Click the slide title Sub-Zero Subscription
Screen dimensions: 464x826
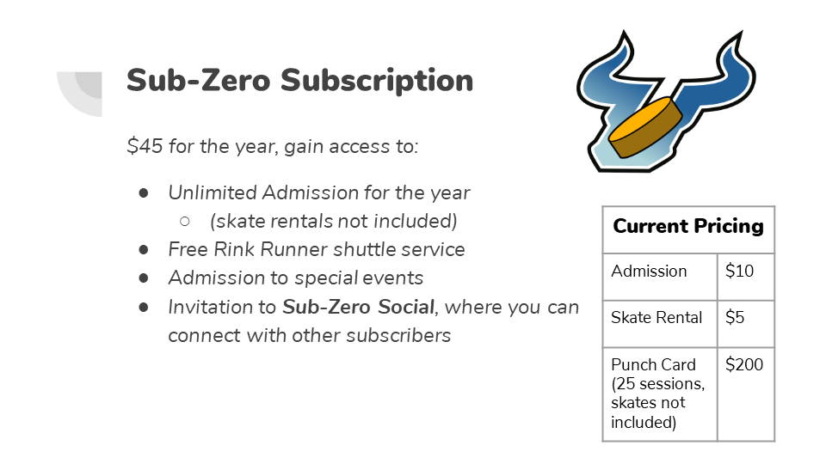click(x=299, y=81)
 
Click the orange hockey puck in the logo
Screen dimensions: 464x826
click(x=645, y=127)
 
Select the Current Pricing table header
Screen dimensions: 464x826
click(x=688, y=227)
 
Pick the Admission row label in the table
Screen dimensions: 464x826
click(x=649, y=272)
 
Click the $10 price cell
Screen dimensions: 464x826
click(x=739, y=272)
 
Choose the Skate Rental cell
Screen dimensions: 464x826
click(x=656, y=318)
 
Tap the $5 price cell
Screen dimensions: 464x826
click(x=735, y=318)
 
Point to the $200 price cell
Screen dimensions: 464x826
click(x=744, y=364)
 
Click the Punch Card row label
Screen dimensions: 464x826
click(x=653, y=364)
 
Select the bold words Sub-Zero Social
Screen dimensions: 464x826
click(x=359, y=307)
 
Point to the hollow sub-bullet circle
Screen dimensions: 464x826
click(x=184, y=221)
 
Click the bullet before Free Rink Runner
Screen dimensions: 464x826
click(x=144, y=249)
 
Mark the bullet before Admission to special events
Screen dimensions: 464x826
click(x=144, y=278)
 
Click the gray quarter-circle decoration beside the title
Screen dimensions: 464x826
click(x=80, y=93)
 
